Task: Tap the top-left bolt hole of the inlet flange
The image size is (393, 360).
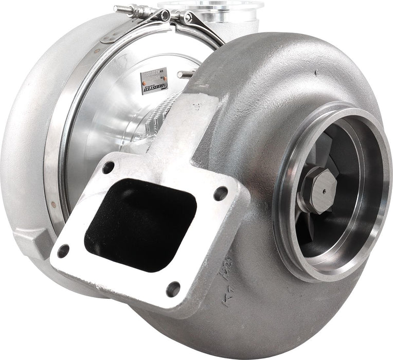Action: coord(108,167)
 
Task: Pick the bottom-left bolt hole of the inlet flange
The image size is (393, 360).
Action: coord(63,251)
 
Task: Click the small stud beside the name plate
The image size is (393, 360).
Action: coord(186,75)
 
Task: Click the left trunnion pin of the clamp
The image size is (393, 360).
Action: coord(164,16)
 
